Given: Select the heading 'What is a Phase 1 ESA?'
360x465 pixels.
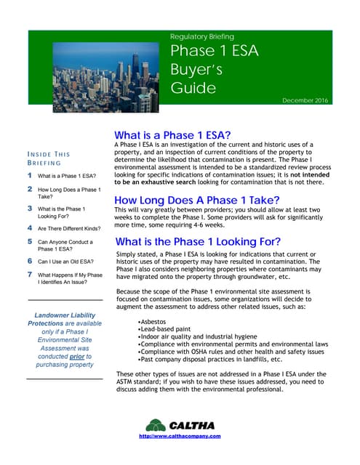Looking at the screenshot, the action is tap(172, 136).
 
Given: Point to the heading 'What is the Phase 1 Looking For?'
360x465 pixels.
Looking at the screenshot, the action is tap(198, 242).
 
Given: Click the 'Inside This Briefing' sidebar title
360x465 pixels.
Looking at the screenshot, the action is tap(48, 159).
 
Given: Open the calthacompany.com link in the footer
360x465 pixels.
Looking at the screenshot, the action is tap(179, 437).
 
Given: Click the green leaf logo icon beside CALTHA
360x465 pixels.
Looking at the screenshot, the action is tap(155, 425).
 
